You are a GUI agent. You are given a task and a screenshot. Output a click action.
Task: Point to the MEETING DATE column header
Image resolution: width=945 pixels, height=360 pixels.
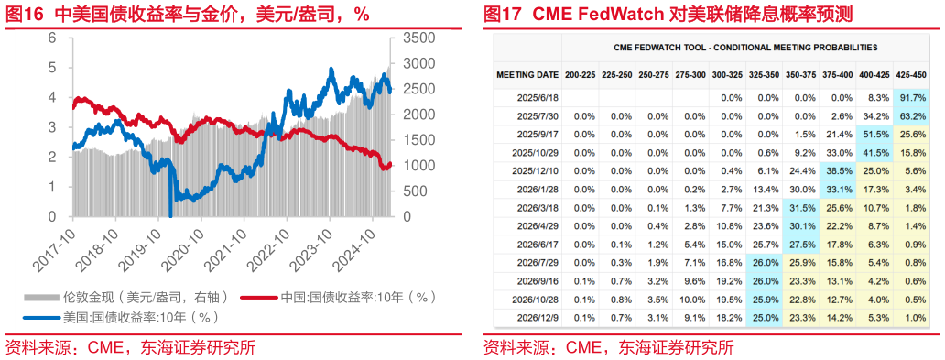click(527, 74)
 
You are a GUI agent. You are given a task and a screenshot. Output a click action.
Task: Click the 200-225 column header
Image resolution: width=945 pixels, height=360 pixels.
click(583, 74)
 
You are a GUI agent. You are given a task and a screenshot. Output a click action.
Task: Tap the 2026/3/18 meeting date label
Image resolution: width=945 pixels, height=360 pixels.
click(535, 207)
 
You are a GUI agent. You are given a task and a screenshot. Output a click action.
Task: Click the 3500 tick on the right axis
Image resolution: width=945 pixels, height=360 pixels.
click(415, 38)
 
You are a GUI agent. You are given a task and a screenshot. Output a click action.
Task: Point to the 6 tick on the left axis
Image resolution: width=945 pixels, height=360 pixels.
click(52, 38)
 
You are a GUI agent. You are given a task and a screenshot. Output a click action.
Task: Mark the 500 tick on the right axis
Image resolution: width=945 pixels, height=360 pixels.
click(411, 191)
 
